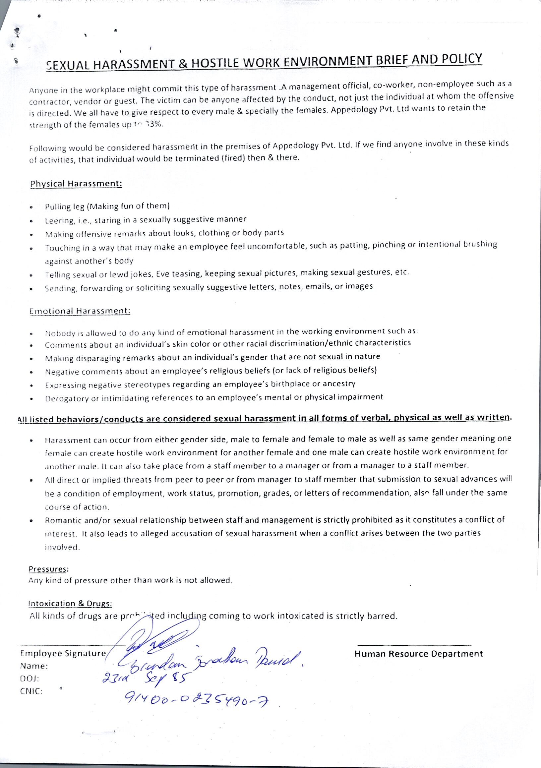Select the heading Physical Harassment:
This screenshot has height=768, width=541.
[76, 184]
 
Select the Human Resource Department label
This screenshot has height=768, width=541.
[419, 654]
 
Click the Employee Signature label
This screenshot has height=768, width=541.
[63, 653]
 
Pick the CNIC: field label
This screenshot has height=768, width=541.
[31, 691]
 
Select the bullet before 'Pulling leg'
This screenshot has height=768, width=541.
[31, 207]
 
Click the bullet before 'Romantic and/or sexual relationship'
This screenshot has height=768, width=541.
[31, 521]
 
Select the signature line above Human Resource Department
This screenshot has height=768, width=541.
[414, 644]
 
